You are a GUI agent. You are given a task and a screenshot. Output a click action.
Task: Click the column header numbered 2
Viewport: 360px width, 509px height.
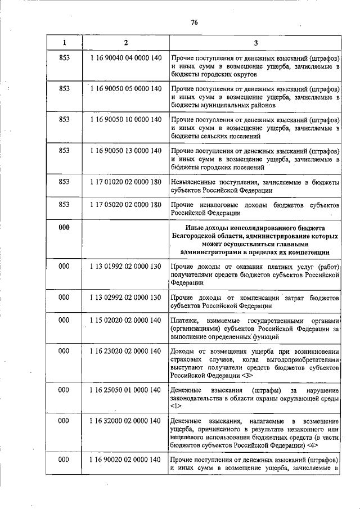point(125,43)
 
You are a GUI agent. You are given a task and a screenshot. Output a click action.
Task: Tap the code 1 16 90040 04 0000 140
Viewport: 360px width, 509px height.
point(125,58)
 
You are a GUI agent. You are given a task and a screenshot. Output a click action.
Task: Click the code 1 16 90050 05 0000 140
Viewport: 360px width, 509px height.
point(125,89)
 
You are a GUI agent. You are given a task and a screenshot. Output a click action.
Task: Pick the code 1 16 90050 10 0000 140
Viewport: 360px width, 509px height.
point(125,120)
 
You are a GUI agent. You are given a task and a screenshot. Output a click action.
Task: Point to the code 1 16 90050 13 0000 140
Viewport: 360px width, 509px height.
point(125,151)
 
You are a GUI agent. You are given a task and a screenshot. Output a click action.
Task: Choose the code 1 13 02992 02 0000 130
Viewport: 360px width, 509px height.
point(125,297)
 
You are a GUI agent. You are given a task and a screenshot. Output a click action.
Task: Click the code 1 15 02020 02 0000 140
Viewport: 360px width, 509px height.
point(125,320)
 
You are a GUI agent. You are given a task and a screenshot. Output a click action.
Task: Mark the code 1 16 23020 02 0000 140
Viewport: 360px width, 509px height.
point(125,351)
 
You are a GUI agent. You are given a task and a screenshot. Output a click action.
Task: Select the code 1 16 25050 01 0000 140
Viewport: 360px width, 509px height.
point(125,390)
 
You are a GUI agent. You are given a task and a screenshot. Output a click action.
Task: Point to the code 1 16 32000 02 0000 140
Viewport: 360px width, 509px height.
point(125,421)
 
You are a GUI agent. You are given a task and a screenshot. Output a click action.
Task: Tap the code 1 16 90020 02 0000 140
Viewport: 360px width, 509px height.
point(125,460)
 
